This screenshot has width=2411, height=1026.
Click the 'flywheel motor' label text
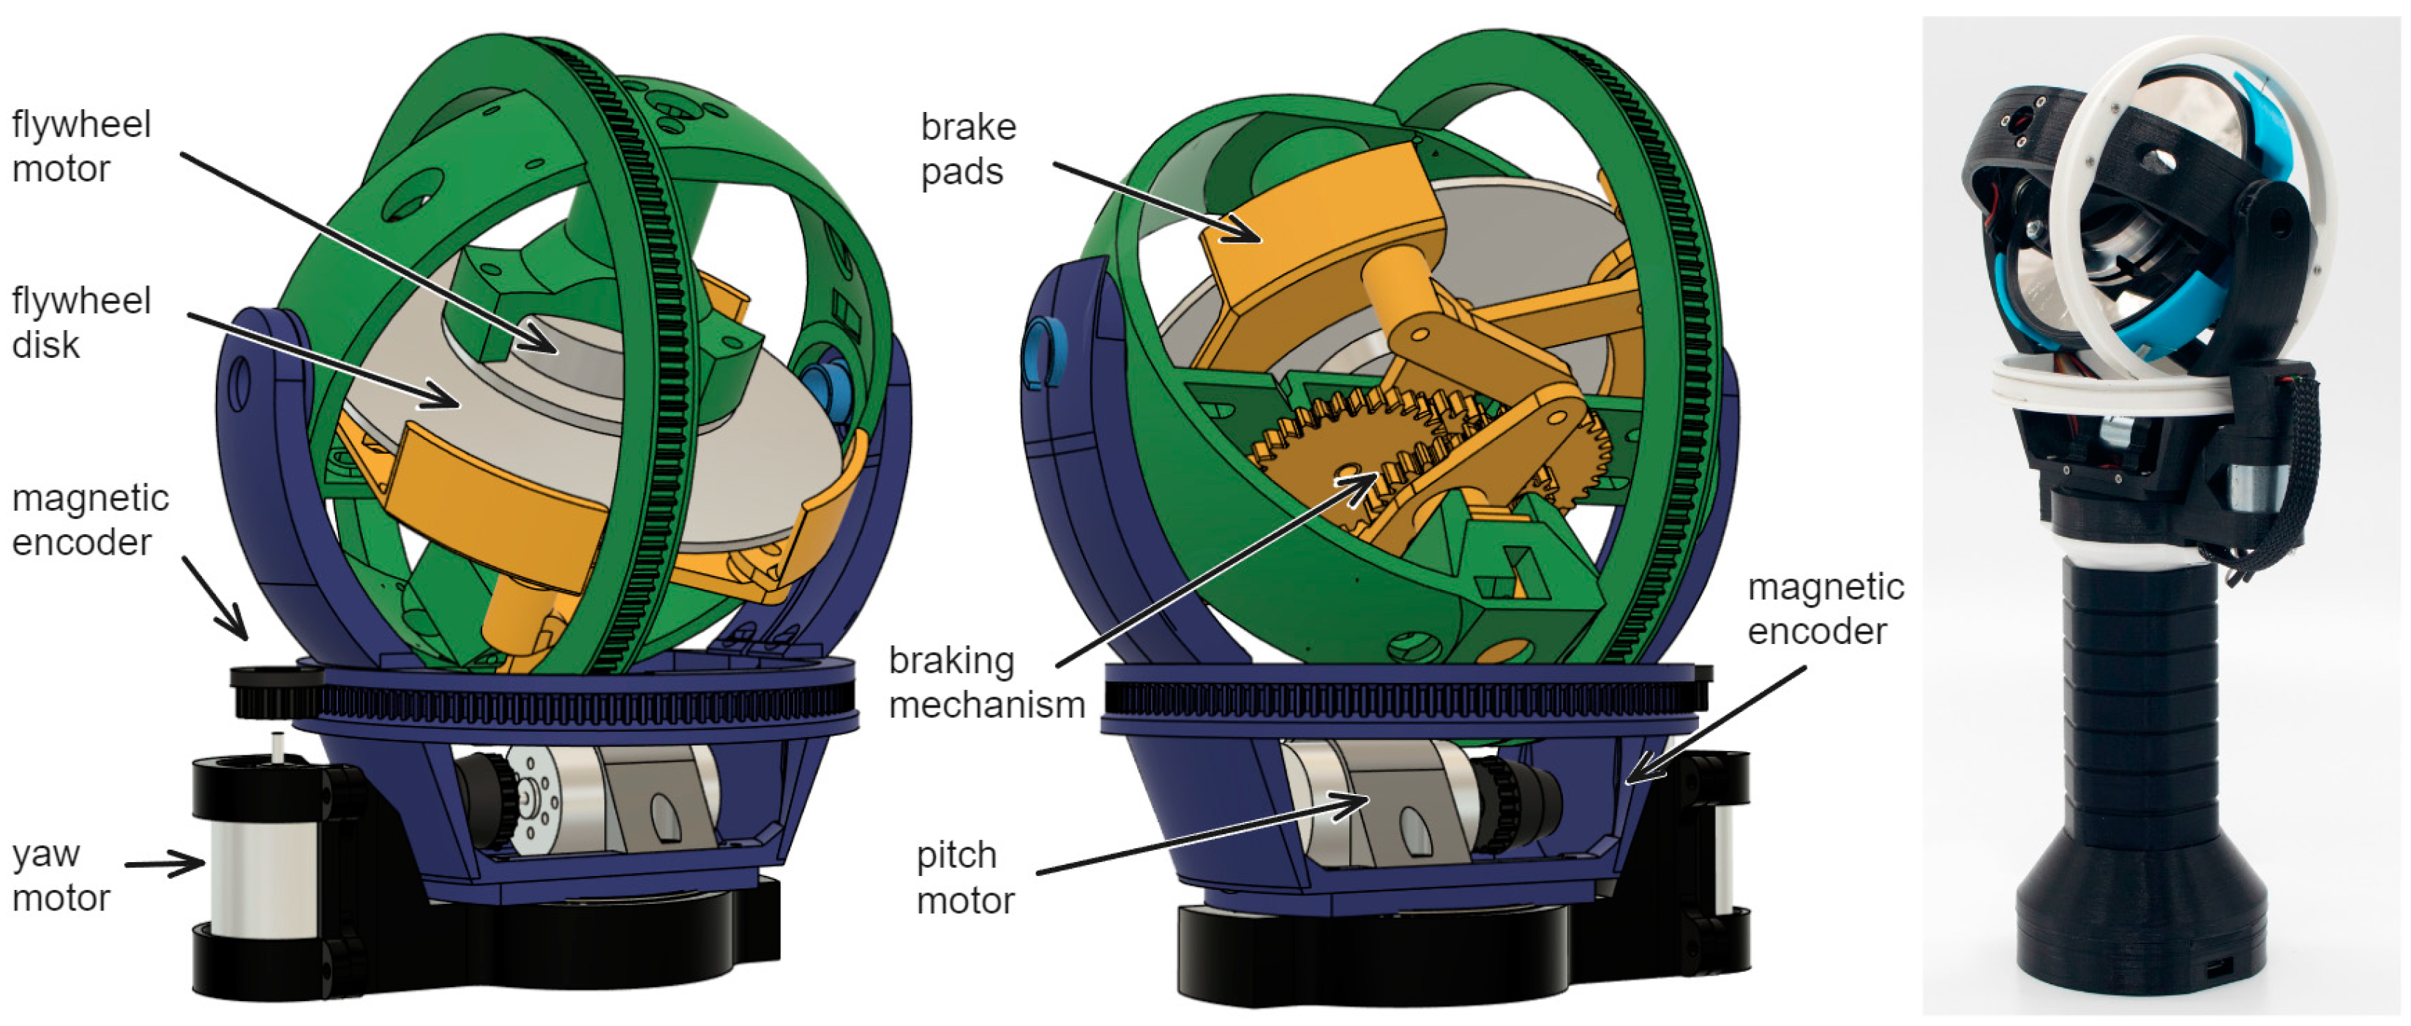80,147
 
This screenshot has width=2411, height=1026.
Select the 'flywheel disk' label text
80,323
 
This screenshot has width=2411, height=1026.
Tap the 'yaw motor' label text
60,876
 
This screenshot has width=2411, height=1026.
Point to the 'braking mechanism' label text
985,683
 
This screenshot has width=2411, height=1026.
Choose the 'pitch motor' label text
964,878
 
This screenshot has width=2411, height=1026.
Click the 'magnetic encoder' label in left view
90,520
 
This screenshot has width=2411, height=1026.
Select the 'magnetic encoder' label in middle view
1824,608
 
